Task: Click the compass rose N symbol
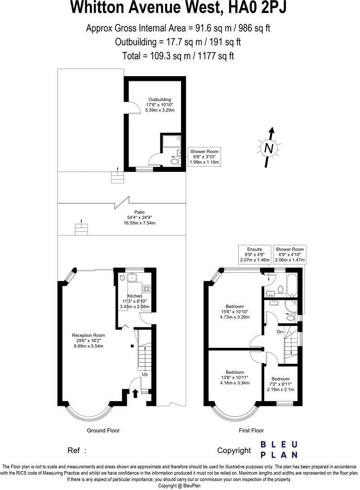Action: pyautogui.click(x=269, y=148)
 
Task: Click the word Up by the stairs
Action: pyautogui.click(x=145, y=375)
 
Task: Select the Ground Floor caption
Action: pyautogui.click(x=103, y=431)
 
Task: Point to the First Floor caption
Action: pyautogui.click(x=251, y=431)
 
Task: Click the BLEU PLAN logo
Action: pyautogui.click(x=279, y=449)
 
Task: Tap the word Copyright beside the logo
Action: pyautogui.click(x=234, y=450)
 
